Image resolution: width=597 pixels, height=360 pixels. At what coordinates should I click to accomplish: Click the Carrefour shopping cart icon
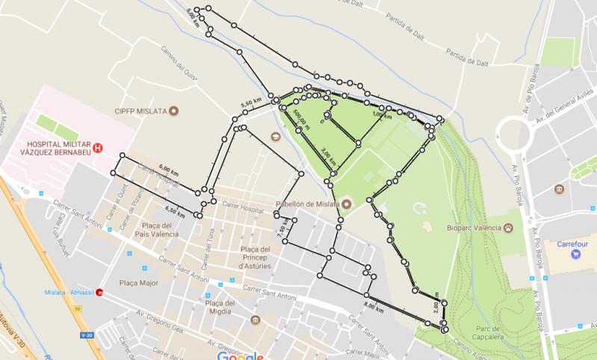click(575, 254)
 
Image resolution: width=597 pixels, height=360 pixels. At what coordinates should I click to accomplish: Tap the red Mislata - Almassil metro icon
click(101, 293)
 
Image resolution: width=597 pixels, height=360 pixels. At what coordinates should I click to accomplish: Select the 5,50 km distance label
click(251, 103)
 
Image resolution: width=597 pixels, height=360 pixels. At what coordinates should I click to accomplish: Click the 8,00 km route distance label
click(374, 306)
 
